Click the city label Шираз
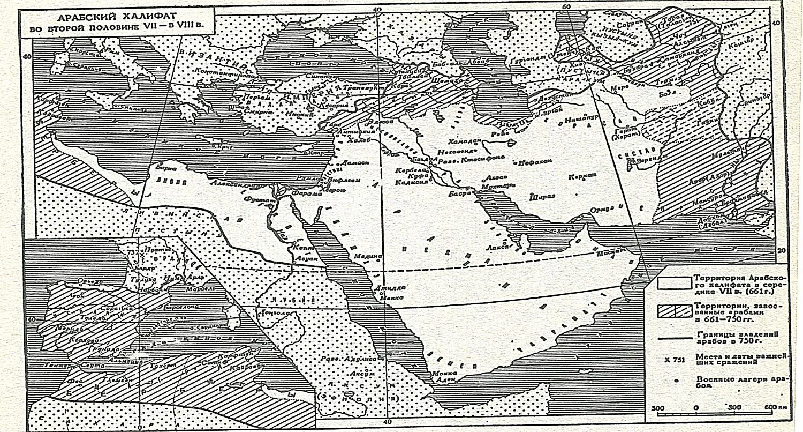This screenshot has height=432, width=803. [541, 197]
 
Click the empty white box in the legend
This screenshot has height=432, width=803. [673, 282]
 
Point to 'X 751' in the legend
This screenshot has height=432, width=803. [673, 360]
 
